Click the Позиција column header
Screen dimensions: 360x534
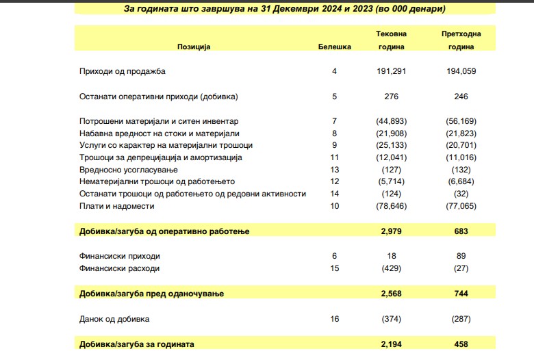coord(194,47)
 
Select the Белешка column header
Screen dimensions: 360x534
coord(335,47)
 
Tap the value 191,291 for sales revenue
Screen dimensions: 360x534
coord(391,70)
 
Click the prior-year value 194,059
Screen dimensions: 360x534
coord(461,70)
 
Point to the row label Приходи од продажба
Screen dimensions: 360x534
coord(123,70)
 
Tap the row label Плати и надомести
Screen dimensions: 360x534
coord(117,206)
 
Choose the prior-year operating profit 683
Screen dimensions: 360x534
coord(461,231)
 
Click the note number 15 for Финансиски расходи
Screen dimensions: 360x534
coord(335,268)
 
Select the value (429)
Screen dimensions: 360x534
coord(391,268)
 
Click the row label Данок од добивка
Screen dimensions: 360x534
coord(114,319)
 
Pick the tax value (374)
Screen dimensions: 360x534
coord(391,319)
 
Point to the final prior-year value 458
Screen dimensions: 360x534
coord(461,344)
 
